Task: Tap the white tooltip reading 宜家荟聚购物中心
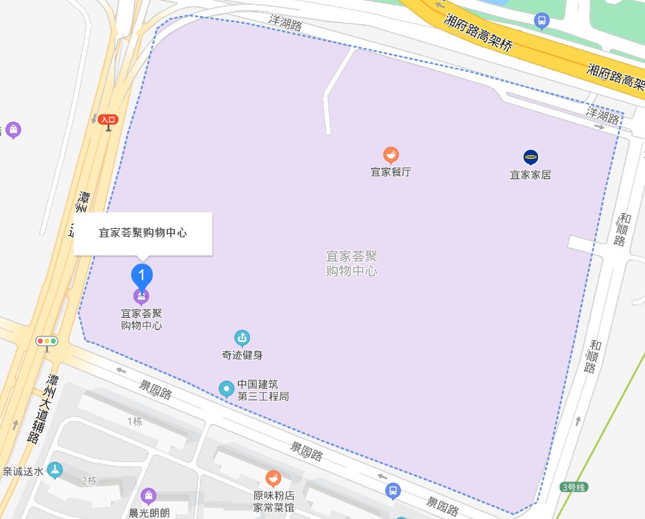142,234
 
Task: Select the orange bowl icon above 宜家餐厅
391,155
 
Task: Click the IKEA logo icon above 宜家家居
530,157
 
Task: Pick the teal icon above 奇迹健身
242,339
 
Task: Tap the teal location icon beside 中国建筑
226,389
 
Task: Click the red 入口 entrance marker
108,120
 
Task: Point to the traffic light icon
47,341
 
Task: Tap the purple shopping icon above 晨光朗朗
148,495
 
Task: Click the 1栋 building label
135,422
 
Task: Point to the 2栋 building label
89,481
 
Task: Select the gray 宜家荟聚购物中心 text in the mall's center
351,264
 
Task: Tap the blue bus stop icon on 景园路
393,491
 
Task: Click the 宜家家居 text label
530,175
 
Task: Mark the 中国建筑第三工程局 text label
262,391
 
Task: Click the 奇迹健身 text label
242,356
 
